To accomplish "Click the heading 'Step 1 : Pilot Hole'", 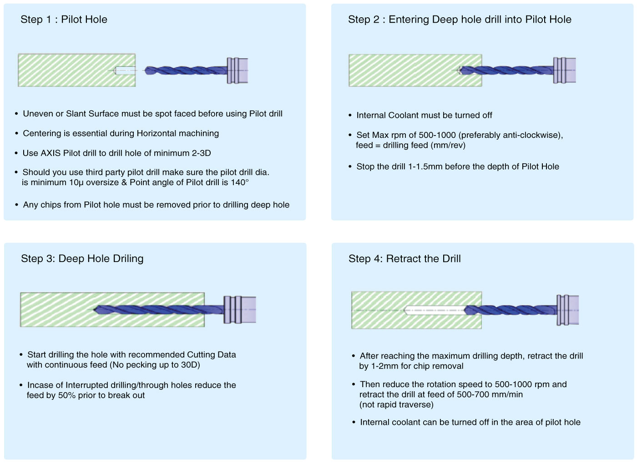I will coord(64,20).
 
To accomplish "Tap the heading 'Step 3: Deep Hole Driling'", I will coord(82,259).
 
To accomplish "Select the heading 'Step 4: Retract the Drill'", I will coord(404,259).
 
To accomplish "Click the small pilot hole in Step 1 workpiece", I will coord(125,71).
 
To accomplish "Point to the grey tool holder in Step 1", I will coord(238,71).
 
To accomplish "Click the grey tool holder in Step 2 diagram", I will coord(564,70).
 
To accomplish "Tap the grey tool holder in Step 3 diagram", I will coord(240,310).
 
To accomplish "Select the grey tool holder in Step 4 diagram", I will coord(568,310).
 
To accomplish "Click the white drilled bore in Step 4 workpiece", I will coord(435,310).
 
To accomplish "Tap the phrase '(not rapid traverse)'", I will coord(396,404).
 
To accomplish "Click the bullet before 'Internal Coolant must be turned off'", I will coord(350,116).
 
